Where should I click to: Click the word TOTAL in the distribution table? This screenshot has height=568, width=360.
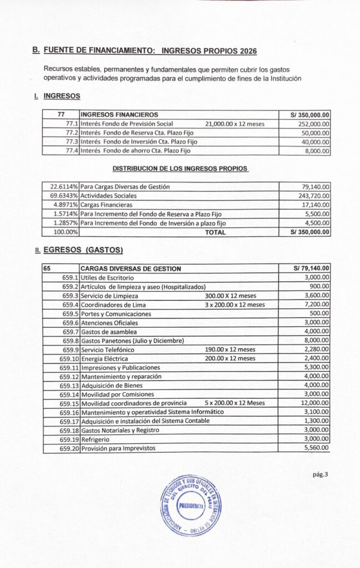[x=215, y=232]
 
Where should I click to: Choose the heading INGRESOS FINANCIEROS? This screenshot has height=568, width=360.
[x=119, y=115]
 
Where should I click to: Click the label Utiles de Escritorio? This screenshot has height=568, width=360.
[x=108, y=277]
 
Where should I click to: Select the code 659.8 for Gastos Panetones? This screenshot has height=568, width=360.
[x=70, y=340]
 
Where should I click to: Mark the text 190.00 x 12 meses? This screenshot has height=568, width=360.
[x=230, y=349]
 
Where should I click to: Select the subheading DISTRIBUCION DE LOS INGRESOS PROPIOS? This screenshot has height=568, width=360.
[x=180, y=168]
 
